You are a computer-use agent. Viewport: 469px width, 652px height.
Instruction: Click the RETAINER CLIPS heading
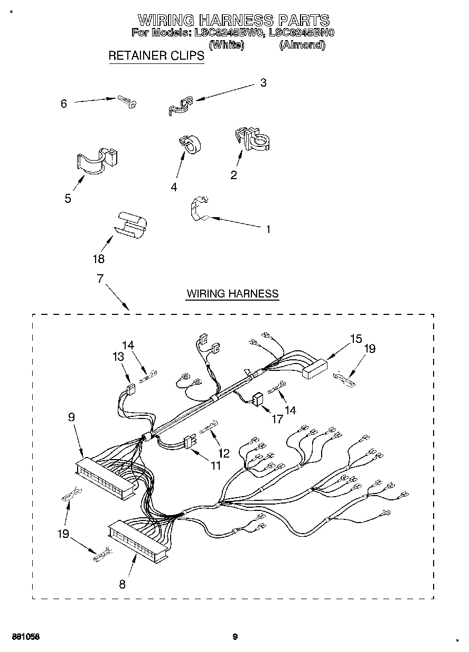pyautogui.click(x=156, y=55)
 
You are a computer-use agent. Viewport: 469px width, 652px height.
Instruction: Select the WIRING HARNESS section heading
pyautogui.click(x=232, y=294)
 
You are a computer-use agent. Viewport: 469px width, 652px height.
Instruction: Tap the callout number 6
pyautogui.click(x=64, y=104)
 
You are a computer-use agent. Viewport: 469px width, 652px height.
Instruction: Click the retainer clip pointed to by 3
pyautogui.click(x=180, y=105)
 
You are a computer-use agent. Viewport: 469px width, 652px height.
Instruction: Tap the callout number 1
pyautogui.click(x=268, y=229)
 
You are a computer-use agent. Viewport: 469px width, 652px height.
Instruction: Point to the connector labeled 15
pyautogui.click(x=314, y=368)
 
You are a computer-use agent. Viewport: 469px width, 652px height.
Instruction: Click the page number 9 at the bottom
pyautogui.click(x=235, y=636)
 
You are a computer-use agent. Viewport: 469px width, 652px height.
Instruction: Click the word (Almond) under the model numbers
pyautogui.click(x=302, y=45)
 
